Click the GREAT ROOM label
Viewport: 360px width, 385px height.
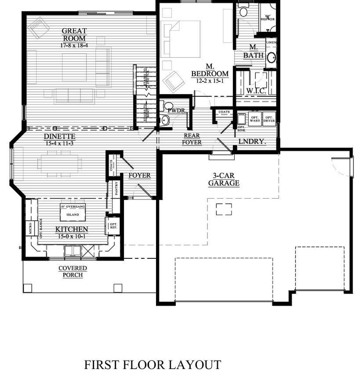point(74,35)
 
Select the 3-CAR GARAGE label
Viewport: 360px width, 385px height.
point(224,180)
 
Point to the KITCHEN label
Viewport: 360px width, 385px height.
point(72,230)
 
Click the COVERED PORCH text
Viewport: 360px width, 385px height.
point(73,271)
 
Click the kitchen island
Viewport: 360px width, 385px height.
point(73,211)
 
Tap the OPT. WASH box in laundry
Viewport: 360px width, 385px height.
point(255,118)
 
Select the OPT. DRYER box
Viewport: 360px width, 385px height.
point(269,118)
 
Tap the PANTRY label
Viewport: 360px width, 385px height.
point(116,189)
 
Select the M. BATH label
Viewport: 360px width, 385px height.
point(254,51)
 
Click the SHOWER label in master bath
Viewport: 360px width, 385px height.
point(269,18)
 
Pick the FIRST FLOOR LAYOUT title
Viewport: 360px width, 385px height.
point(153,365)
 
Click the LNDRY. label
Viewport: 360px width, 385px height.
point(252,141)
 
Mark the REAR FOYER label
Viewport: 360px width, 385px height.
point(193,139)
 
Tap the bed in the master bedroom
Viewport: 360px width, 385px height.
point(181,39)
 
